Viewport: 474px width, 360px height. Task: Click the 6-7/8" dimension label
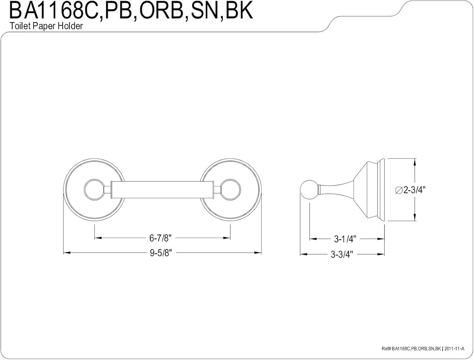(160, 238)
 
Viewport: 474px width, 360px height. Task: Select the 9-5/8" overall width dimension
(161, 253)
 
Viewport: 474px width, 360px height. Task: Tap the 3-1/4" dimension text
(345, 239)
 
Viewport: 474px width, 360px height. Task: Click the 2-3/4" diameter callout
(410, 190)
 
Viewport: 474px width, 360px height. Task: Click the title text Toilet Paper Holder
(46, 26)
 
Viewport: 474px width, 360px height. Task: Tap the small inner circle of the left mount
(94, 189)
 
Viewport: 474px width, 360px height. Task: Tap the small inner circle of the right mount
(230, 189)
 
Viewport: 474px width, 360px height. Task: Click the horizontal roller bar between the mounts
(162, 190)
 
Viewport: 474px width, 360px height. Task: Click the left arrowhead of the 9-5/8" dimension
(67, 253)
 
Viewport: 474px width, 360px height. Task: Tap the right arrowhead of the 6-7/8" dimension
(227, 238)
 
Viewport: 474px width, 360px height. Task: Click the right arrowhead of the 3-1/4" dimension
(381, 239)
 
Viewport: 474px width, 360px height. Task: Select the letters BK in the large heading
(239, 11)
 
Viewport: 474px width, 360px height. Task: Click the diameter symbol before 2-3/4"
(399, 190)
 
